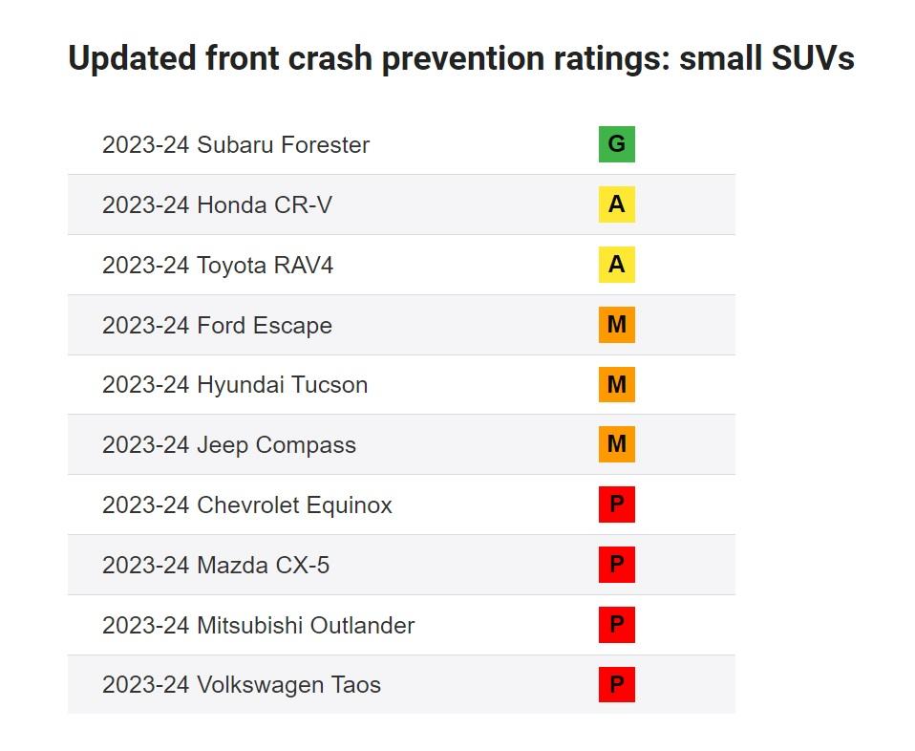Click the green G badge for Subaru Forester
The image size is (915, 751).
616,144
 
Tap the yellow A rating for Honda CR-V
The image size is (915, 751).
616,204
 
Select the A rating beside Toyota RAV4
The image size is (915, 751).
616,265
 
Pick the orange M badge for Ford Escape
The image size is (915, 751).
616,325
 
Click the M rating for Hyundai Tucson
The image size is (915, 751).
616,385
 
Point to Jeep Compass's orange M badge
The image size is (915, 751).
616,445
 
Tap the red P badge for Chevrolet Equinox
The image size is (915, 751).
616,504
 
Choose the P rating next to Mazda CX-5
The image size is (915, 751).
616,565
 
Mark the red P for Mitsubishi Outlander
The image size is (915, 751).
616,625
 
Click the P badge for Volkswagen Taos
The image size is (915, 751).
616,685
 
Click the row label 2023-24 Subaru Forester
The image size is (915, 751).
235,145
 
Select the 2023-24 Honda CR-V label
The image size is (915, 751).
217,205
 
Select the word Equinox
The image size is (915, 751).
349,505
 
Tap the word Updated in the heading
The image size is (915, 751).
131,60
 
